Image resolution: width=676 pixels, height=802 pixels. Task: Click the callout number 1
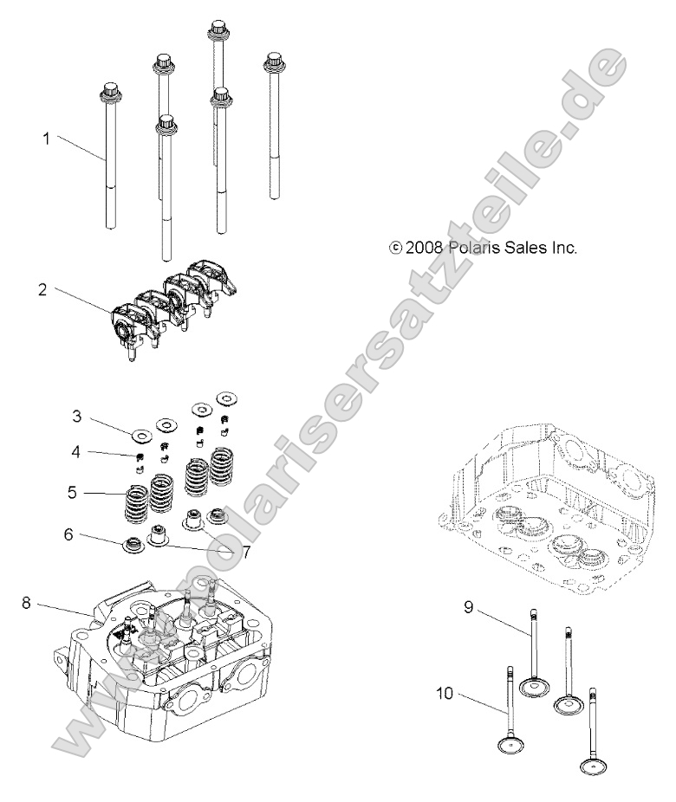point(47,138)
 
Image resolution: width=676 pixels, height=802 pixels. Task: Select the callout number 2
point(42,289)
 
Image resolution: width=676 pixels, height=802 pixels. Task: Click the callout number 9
point(467,607)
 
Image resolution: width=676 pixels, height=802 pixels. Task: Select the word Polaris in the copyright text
point(480,248)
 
